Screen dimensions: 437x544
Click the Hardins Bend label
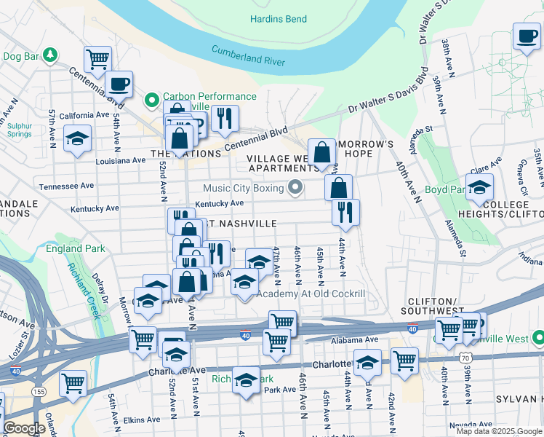[278, 19]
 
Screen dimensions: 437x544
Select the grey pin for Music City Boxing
[295, 189]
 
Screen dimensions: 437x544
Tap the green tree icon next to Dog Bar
[49, 54]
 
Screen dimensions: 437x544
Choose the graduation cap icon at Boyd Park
[479, 188]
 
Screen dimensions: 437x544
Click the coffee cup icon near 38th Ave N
[526, 36]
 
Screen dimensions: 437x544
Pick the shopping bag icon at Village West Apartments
[322, 154]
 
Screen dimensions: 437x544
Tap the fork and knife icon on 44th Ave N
[345, 212]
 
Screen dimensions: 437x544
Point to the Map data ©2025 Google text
[498, 431]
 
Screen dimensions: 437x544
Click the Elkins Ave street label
[141, 420]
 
